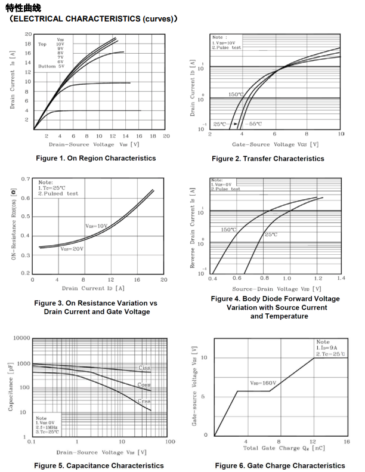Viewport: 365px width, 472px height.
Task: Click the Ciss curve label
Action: point(144,368)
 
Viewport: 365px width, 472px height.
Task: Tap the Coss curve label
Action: point(144,385)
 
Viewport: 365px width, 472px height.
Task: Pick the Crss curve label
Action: point(144,402)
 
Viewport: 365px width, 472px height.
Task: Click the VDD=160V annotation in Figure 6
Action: point(264,383)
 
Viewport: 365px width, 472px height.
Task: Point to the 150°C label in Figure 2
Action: point(236,94)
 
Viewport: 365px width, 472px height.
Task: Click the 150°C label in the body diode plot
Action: point(228,230)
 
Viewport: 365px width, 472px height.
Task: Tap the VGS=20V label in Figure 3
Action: point(72,249)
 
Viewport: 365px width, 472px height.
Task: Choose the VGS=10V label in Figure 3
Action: point(96,226)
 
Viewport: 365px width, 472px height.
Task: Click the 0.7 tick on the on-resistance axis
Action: point(26,179)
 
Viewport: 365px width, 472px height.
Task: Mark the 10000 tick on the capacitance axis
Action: point(21,338)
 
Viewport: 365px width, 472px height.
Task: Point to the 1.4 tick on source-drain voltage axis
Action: point(341,279)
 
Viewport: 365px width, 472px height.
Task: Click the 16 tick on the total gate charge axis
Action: point(347,441)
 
